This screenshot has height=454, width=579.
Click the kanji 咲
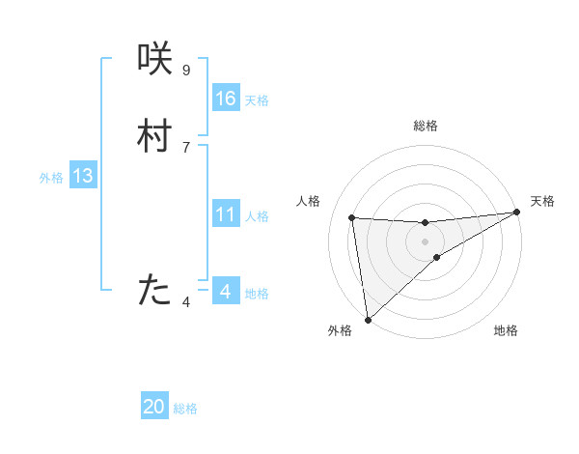(155, 59)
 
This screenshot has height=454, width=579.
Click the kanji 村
(155, 136)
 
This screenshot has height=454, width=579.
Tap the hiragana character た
(155, 291)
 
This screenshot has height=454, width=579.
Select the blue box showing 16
(226, 98)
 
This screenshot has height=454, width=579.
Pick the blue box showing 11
(226, 214)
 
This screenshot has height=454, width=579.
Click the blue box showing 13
(83, 176)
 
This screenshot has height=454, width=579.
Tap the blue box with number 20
(154, 407)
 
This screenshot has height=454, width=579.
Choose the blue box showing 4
(225, 291)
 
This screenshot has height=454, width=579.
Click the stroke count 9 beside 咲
(186, 70)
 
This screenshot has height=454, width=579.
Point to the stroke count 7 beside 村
(186, 147)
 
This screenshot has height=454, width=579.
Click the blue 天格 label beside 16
(257, 99)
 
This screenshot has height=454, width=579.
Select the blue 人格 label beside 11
(257, 216)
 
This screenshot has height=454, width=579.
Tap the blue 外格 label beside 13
(51, 178)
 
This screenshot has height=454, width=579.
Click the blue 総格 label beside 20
(185, 409)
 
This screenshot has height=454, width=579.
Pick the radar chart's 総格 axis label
(426, 126)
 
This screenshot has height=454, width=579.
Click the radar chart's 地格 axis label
(506, 331)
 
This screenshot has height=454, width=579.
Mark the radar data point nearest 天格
(516, 213)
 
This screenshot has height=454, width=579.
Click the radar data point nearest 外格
(368, 319)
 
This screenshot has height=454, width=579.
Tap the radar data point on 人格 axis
(352, 218)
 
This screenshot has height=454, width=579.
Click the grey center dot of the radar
(426, 241)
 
